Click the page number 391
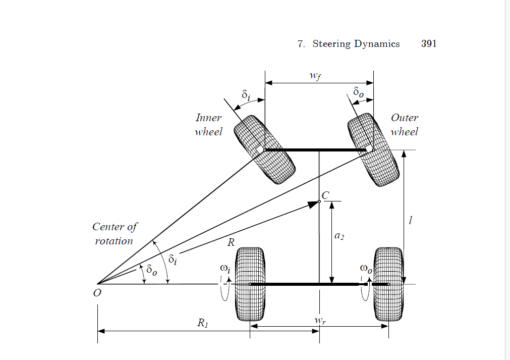428,44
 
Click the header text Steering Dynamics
356,44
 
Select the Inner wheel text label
209,125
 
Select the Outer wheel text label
404,125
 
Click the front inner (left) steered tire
264,150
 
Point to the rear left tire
250,284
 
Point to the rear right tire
387,284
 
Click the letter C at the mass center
325,195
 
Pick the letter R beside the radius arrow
231,242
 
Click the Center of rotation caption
115,234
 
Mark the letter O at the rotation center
97,293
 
